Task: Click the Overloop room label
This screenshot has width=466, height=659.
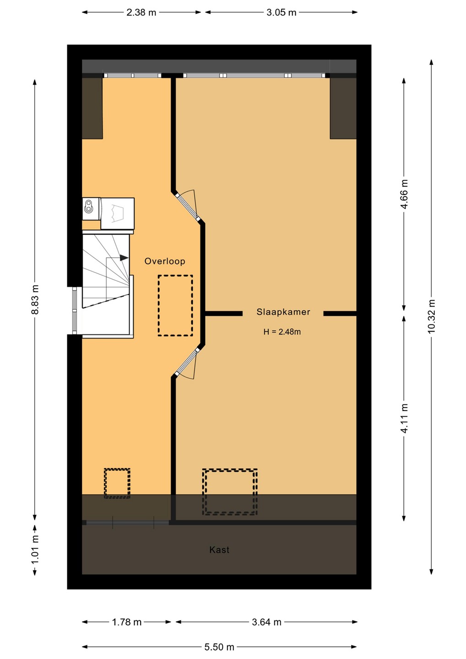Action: (164, 261)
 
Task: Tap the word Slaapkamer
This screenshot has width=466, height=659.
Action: (283, 312)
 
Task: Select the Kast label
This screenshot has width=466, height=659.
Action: (219, 550)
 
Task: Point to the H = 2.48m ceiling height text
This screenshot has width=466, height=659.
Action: (282, 332)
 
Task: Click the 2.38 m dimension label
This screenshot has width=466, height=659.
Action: (141, 13)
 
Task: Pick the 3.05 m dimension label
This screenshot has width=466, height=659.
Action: (281, 13)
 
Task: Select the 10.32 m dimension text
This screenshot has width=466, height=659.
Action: (431, 316)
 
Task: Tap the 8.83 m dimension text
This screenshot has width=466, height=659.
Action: (35, 299)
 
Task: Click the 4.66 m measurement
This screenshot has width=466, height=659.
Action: (404, 194)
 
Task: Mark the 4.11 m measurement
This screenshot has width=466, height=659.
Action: (404, 418)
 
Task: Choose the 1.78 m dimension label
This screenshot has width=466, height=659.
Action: (126, 622)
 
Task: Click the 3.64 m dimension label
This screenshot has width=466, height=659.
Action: (266, 622)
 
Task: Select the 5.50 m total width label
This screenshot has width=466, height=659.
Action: (219, 647)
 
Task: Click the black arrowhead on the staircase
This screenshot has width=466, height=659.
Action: (124, 258)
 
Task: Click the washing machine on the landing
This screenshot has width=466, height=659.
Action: (117, 214)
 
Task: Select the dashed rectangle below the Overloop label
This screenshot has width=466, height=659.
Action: (175, 305)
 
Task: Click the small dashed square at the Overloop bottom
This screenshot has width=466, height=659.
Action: (117, 483)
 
